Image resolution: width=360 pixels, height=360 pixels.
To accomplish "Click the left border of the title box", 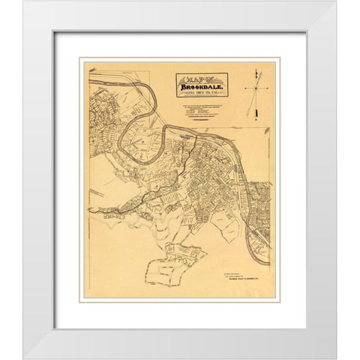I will point(177,85).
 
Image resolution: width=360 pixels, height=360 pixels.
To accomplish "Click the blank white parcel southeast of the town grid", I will point(225,232).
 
